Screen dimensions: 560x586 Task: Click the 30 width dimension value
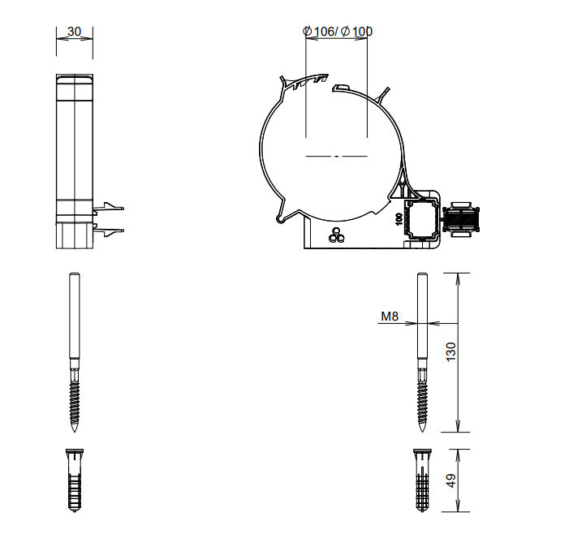74,32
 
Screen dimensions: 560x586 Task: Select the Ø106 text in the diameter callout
319,32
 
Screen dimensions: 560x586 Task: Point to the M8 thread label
390,318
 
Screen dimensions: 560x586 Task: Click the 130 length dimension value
452,351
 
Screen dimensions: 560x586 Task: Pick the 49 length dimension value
452,480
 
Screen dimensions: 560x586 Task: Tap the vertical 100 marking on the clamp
399,218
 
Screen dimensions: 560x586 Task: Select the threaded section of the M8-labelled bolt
422,398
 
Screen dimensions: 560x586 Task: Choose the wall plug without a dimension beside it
74,480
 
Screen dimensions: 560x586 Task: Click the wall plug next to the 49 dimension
422,480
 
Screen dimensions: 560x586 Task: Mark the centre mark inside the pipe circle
336,155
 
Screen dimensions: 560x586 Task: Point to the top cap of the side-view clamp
74,79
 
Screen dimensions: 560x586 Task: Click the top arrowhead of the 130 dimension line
459,277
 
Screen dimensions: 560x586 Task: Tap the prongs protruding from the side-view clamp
111,218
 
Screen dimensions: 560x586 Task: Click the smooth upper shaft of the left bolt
74,317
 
